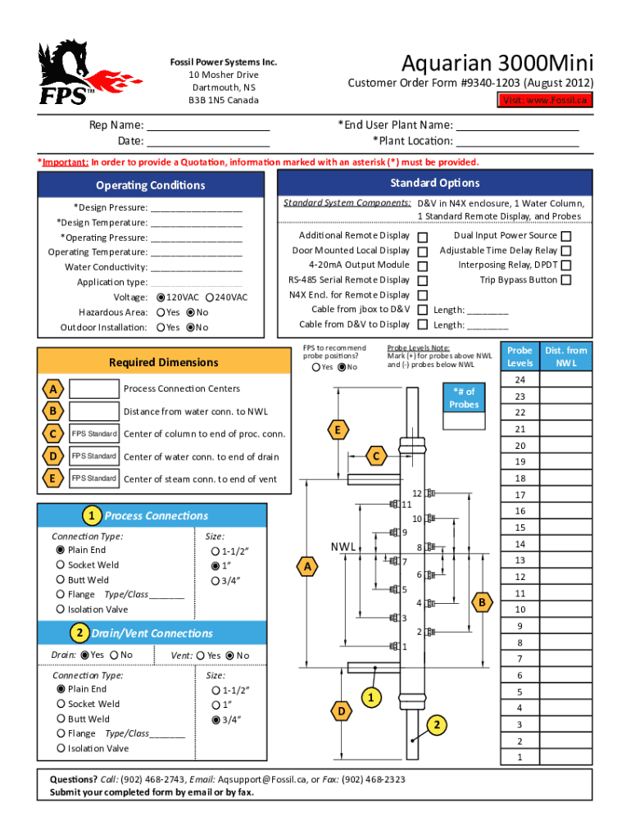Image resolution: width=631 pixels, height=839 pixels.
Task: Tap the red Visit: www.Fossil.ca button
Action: click(x=546, y=100)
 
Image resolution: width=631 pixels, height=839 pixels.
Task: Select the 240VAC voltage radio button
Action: click(x=211, y=297)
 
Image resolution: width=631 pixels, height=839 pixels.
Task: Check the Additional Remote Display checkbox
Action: click(x=423, y=237)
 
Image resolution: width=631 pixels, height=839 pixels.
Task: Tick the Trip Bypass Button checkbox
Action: click(x=565, y=280)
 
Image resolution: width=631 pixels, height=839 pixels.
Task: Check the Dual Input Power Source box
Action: click(x=565, y=236)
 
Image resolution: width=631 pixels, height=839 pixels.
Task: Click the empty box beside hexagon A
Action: click(x=93, y=388)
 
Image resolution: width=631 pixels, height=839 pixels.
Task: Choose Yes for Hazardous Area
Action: click(x=161, y=312)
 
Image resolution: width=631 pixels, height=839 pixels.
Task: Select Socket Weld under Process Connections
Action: click(x=61, y=565)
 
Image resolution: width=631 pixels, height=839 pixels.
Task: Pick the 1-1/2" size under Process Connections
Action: click(x=216, y=551)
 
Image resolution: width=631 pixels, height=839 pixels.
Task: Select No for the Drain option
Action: click(x=114, y=655)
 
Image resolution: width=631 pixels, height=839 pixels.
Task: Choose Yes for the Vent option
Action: click(x=201, y=655)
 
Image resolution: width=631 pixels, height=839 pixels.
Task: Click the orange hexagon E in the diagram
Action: click(x=336, y=429)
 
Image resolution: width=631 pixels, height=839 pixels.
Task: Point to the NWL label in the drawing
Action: click(x=343, y=546)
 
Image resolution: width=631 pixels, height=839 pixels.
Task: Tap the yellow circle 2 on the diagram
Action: click(x=438, y=724)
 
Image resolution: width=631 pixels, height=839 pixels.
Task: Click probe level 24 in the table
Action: click(x=520, y=380)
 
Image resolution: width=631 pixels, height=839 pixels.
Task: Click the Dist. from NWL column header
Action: click(x=566, y=356)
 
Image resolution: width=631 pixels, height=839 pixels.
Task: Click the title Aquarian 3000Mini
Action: click(x=497, y=63)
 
